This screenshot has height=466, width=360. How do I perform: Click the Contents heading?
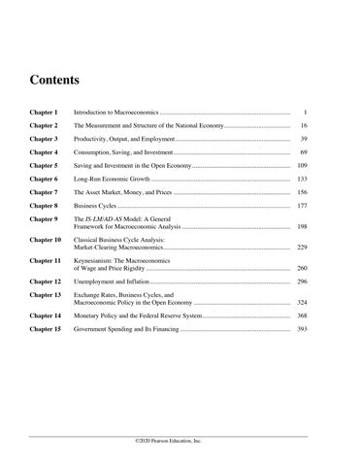click(60, 79)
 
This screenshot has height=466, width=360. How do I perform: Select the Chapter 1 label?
click(44, 113)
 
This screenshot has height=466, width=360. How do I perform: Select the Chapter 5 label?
click(44, 166)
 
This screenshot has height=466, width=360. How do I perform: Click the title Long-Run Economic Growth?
click(113, 180)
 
